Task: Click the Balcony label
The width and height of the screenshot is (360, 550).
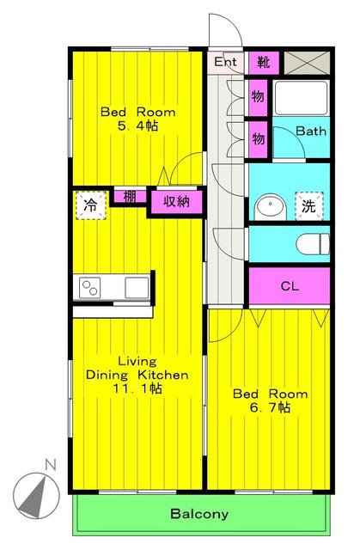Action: (199, 514)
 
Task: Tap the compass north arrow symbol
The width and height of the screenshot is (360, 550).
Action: (36, 495)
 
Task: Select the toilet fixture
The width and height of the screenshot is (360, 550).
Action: (313, 244)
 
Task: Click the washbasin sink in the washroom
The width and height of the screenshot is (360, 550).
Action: (271, 207)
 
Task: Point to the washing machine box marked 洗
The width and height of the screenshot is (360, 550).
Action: (308, 206)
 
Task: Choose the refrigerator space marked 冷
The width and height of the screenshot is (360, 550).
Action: (91, 205)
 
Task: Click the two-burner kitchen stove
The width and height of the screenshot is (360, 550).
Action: (90, 288)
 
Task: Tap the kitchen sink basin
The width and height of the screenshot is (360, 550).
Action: (137, 288)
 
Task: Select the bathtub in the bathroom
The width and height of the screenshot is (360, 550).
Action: (301, 98)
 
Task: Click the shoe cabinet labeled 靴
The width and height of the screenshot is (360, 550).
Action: (264, 63)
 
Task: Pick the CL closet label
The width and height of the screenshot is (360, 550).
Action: (290, 286)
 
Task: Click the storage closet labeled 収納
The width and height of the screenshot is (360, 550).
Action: (177, 202)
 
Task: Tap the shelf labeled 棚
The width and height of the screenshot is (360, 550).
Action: (130, 197)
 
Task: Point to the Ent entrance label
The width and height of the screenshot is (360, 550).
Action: (225, 62)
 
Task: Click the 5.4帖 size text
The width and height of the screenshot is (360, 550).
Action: (137, 125)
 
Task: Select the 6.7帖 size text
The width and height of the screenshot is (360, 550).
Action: (270, 407)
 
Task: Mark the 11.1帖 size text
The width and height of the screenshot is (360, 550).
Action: (137, 388)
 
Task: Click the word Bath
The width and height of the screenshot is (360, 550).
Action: (311, 131)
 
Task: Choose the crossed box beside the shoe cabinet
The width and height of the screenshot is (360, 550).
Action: (307, 63)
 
